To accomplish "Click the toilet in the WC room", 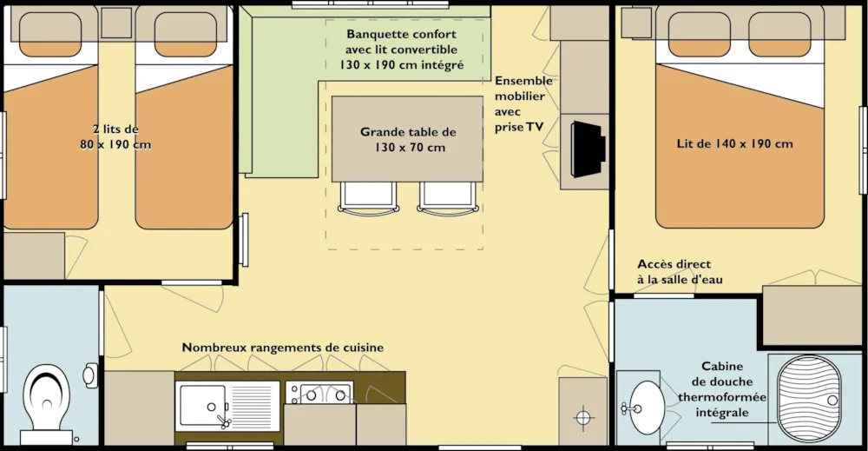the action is (x=47, y=403).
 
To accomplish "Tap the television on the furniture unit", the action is (x=588, y=149).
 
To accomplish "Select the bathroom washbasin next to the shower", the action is (x=645, y=408).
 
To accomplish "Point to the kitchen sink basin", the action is (x=202, y=406).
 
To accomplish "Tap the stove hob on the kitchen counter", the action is (x=319, y=393).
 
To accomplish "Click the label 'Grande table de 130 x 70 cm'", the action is (x=409, y=140).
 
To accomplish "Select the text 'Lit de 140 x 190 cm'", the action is (x=734, y=143).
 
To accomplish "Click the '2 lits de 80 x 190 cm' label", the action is (x=115, y=136).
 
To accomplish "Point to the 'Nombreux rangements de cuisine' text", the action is (x=283, y=348).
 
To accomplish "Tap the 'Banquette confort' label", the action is (x=402, y=34).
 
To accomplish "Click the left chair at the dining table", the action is (x=369, y=197).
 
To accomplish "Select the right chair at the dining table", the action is (x=448, y=197).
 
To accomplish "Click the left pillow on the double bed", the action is (x=699, y=34).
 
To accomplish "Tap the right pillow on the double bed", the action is (x=779, y=34).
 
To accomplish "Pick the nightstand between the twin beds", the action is (x=117, y=23).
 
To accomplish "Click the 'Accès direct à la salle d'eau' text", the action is (x=680, y=271).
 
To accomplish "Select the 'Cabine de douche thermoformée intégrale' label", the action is (x=722, y=389).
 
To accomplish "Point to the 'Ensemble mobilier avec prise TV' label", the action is (x=523, y=103).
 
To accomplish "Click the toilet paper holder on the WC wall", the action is (x=90, y=375).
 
